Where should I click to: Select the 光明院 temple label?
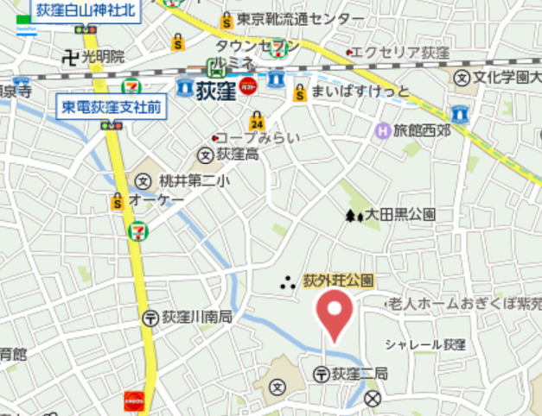click(x=103, y=57)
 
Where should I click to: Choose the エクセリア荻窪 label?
click(x=402, y=53)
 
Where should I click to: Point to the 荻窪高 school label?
click(x=237, y=155)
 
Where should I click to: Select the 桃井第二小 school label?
click(x=194, y=181)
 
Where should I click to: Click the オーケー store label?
click(x=156, y=200)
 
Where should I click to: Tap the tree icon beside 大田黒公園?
click(x=354, y=215)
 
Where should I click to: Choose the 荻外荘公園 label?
click(x=338, y=280)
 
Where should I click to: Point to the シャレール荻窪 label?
click(x=425, y=344)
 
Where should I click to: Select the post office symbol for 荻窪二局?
click(x=320, y=374)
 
